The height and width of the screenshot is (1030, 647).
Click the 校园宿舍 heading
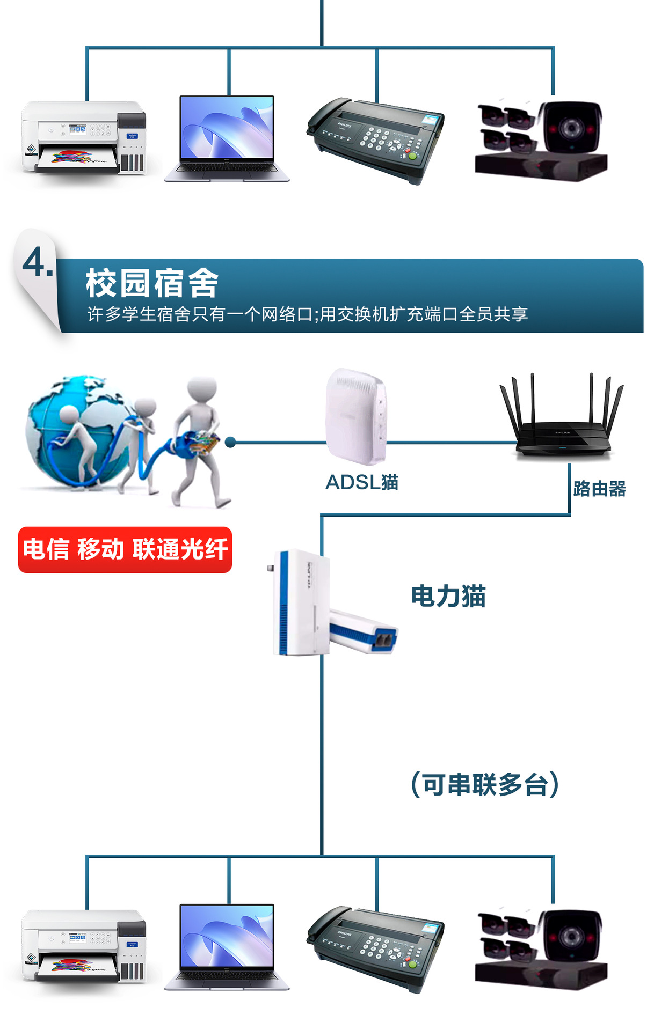152,283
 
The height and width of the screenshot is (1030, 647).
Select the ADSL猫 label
362,482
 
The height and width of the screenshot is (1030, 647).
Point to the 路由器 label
599,489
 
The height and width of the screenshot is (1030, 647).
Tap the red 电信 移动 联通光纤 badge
125,550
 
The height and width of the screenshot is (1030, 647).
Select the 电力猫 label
448,596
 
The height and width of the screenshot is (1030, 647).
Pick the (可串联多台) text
485,785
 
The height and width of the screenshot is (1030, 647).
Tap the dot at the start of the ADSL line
230,442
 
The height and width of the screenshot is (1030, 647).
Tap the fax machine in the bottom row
376,947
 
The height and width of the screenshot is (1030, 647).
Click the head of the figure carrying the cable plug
202,387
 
